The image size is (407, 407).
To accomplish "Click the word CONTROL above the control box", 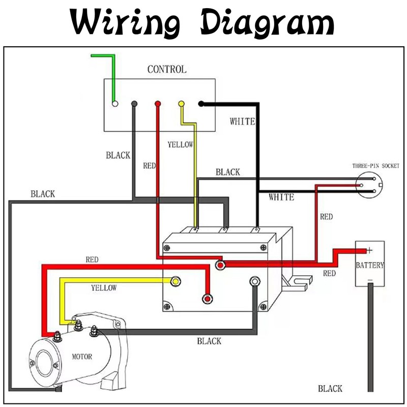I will click(166, 69).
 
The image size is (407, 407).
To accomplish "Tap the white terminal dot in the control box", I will click(115, 104).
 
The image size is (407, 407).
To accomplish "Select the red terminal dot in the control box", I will click(158, 104).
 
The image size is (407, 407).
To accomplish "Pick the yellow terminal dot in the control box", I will click(181, 104).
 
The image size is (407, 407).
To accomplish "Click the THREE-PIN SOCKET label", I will click(376, 166).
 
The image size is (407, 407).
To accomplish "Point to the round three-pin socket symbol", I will click(369, 186).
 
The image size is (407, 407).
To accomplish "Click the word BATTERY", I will click(370, 266).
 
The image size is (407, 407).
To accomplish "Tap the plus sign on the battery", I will click(369, 250).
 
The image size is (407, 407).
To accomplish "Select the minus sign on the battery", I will click(370, 280).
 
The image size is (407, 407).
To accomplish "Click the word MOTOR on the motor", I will click(81, 357).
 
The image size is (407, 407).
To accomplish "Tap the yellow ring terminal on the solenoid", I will click(176, 281).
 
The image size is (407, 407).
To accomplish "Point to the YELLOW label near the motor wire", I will click(104, 288).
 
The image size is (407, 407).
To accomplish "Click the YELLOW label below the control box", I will click(180, 144).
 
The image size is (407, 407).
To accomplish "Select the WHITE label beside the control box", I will click(242, 122).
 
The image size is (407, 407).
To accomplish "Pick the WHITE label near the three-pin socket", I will click(281, 197).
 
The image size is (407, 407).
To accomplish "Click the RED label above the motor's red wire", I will click(92, 259).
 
